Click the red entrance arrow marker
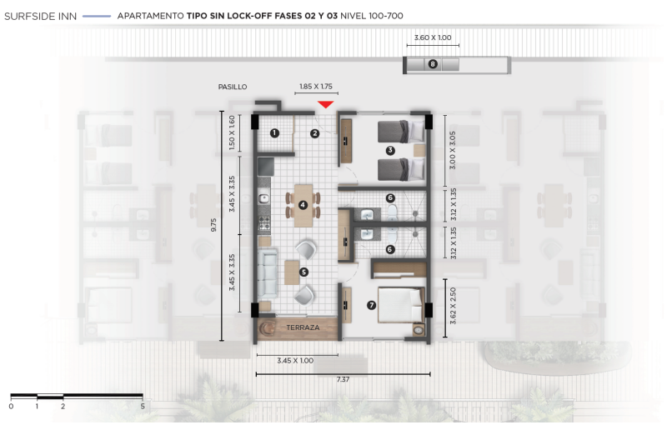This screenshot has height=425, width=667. click(326, 104)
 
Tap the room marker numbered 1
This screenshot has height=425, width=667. click(275, 133)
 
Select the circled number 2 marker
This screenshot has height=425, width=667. click(315, 133)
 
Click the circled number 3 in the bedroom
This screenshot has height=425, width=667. click(390, 150)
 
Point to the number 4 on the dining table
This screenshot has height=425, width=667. click(303, 205)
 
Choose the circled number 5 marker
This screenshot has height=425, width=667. click(303, 272)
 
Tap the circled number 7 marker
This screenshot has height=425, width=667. click(371, 305)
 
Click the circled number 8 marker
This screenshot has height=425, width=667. click(433, 64)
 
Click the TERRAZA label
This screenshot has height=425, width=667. click(303, 327)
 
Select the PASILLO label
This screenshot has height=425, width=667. click(233, 87)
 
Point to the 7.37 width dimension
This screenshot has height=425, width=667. click(343, 379)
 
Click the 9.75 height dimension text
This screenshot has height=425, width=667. click(214, 225)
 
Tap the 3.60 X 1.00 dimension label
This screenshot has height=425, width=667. click(433, 37)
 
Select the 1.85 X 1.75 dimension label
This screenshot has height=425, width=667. click(316, 87)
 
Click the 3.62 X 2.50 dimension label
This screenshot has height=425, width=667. click(453, 306)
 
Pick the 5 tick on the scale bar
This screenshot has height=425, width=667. click(143, 406)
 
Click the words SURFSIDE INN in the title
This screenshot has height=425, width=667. click(40, 16)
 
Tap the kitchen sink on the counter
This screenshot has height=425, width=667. click(264, 198)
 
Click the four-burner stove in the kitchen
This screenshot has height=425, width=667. click(264, 222)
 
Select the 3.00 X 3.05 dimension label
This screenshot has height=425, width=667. click(453, 150)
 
